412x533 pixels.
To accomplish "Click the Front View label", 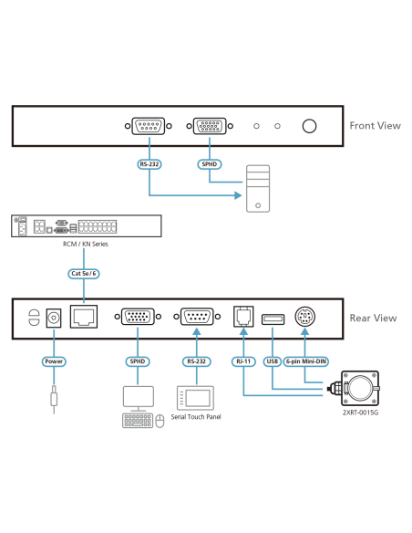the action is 375,125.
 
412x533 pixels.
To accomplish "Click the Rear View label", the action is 373,318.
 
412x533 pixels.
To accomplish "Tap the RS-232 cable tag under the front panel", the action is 149,164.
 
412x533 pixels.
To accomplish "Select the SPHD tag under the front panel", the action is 210,164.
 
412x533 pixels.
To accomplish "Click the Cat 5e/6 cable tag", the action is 84,274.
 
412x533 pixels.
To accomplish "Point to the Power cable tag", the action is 54,361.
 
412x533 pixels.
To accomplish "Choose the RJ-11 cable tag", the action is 243,361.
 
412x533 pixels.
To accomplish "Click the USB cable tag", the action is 273,361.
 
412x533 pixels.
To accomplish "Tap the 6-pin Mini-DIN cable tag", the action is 306,361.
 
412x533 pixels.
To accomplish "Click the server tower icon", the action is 258,189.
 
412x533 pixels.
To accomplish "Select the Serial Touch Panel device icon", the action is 195,398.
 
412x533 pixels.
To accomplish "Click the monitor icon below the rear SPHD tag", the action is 139,399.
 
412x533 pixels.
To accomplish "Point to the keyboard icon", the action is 137,421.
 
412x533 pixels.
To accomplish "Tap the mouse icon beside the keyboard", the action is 160,421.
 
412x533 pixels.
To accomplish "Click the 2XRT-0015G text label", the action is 360,413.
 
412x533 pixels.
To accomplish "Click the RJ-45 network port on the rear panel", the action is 84,317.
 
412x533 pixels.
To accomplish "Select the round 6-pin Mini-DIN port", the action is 304,317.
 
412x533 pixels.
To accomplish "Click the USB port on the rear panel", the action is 273,319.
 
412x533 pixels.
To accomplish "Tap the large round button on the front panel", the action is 309,126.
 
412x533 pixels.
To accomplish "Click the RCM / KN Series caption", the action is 86,244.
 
